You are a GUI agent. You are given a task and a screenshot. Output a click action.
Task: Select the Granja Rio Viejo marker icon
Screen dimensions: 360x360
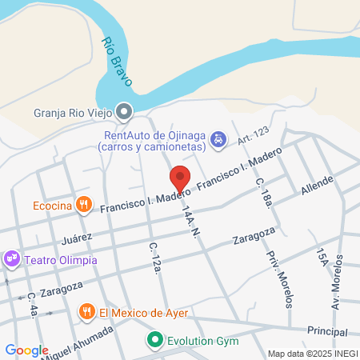[x=123, y=111]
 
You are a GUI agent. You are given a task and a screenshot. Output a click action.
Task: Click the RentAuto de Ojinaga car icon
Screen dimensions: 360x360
[x=218, y=140]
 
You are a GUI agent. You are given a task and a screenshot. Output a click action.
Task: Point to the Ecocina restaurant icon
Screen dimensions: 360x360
[x=82, y=206]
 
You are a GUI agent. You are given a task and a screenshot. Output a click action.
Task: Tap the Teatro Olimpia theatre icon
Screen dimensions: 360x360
[x=11, y=259]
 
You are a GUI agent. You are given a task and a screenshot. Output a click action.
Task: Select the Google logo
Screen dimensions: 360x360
[x=26, y=350]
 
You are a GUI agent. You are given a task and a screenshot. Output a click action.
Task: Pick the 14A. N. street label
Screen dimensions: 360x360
[x=190, y=218]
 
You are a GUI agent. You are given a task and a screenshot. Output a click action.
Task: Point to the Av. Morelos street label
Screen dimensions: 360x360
[x=338, y=284]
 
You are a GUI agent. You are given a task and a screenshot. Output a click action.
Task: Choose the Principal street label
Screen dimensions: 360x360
[x=327, y=330]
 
